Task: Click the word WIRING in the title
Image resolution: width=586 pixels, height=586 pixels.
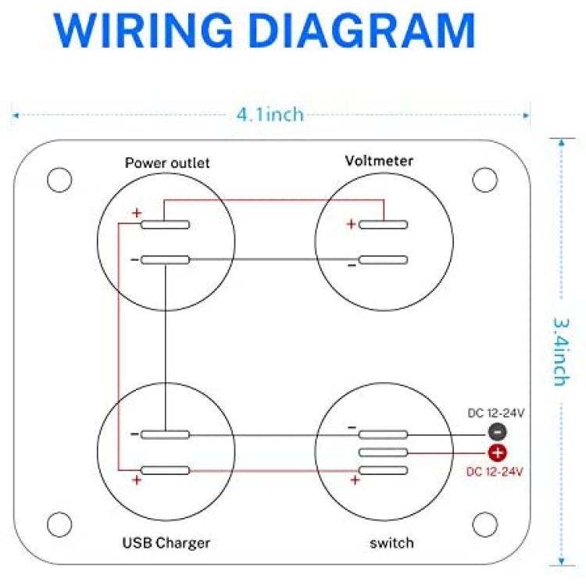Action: click(144, 30)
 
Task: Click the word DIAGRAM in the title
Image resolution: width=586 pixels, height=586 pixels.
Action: click(362, 30)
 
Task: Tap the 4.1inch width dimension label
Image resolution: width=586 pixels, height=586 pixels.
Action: click(270, 114)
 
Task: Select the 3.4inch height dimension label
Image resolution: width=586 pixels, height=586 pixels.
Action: click(560, 352)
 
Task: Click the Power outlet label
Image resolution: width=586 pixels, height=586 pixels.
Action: click(167, 163)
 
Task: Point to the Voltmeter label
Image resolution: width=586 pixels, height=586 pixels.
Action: click(379, 161)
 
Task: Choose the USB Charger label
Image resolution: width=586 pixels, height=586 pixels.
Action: click(166, 543)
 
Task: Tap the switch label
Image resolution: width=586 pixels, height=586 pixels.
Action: click(391, 543)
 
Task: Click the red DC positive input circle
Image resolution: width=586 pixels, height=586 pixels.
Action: click(498, 453)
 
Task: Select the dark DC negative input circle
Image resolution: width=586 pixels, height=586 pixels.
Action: click(498, 432)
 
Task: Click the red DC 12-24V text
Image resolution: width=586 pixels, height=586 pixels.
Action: click(495, 472)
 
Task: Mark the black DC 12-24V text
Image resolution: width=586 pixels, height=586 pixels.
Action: click(496, 413)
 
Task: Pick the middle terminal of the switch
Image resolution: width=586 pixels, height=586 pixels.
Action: click(383, 452)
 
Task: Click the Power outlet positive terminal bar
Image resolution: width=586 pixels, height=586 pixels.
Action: click(165, 224)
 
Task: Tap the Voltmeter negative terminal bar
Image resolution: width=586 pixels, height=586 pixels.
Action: click(383, 260)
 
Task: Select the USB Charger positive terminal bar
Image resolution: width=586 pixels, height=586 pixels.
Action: click(165, 470)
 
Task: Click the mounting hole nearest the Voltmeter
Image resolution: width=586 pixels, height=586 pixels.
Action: click(484, 180)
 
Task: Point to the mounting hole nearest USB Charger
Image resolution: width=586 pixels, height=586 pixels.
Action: click(59, 524)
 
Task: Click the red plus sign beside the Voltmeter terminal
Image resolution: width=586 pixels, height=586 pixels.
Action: click(351, 224)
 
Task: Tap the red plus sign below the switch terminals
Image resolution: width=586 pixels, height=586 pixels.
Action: click(355, 480)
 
